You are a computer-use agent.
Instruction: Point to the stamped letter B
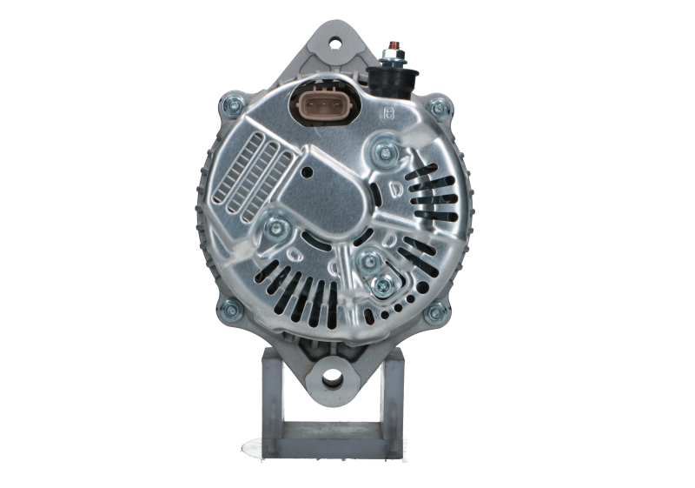click(387, 113)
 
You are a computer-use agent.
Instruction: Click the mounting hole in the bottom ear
click(333, 378)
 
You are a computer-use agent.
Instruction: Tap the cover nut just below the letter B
click(384, 156)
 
